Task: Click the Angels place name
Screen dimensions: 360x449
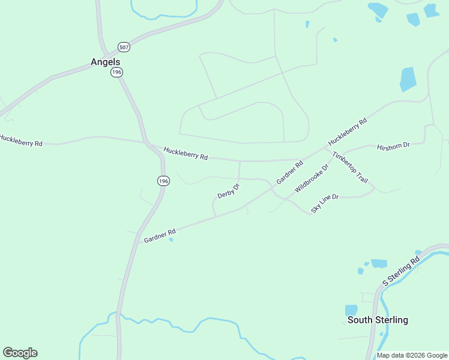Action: point(105,62)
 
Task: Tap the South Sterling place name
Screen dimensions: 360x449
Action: point(378,320)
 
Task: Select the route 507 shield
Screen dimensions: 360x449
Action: point(124,47)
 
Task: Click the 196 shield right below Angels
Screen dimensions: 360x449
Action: point(116,72)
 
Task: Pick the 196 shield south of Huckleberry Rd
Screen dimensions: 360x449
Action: point(163,181)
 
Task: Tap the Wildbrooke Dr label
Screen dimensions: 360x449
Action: point(312,178)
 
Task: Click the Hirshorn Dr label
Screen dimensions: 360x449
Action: point(393,146)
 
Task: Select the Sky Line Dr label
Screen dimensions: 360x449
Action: point(325,204)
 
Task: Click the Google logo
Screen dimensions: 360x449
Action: point(20,353)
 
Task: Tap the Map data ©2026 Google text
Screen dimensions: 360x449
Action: point(412,355)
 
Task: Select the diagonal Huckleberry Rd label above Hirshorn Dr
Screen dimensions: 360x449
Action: point(348,133)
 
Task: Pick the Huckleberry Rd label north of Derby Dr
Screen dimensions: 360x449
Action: point(185,154)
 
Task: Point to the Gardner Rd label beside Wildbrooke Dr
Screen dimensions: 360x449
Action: point(290,172)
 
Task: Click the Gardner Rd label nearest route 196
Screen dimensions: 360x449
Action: point(160,235)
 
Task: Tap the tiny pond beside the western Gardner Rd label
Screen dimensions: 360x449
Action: point(171,240)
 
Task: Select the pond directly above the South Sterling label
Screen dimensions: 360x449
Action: point(351,310)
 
